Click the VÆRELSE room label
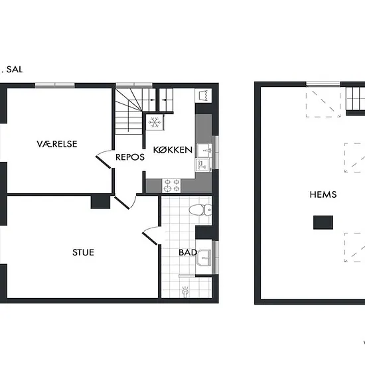point(57,144)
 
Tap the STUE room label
point(83,252)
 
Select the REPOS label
point(130,157)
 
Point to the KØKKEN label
point(173,150)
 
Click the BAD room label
point(188,252)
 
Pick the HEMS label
point(323,194)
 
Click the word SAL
point(15,70)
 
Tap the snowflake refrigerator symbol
point(155,122)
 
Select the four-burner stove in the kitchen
point(171,185)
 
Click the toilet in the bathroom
point(200,210)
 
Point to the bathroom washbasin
point(204,257)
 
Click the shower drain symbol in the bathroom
point(185,291)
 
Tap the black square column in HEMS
point(323,222)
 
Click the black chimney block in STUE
point(100,202)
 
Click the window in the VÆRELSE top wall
point(55,85)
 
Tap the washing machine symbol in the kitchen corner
point(203,95)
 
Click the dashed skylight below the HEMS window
point(323,104)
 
